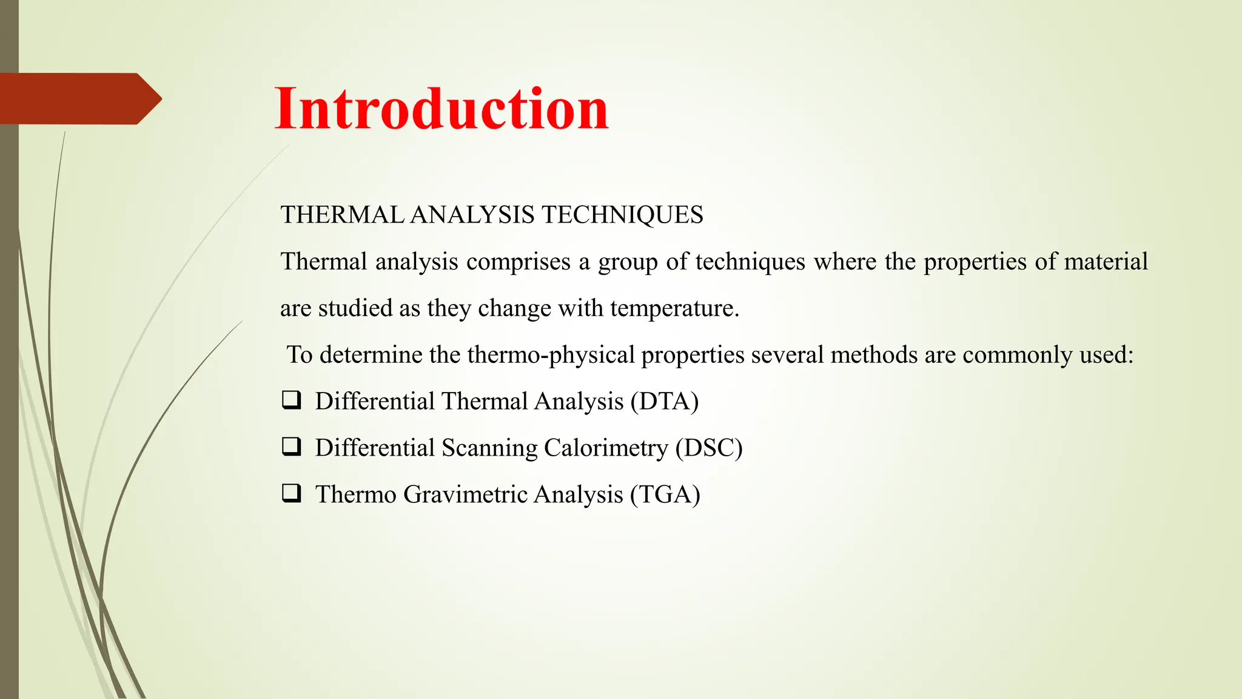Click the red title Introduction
pos(441,109)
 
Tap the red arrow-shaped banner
pos(79,99)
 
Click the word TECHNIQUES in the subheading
pos(622,215)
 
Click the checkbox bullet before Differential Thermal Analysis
pos(291,400)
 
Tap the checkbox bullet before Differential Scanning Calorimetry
pos(291,447)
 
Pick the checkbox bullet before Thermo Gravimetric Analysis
pos(291,493)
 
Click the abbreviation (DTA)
pos(665,402)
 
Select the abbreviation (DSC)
pos(709,448)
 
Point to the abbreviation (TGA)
pos(665,495)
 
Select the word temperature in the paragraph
pos(674,309)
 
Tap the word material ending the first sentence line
pos(1106,262)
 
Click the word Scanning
pos(489,448)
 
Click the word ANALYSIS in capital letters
pos(472,215)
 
